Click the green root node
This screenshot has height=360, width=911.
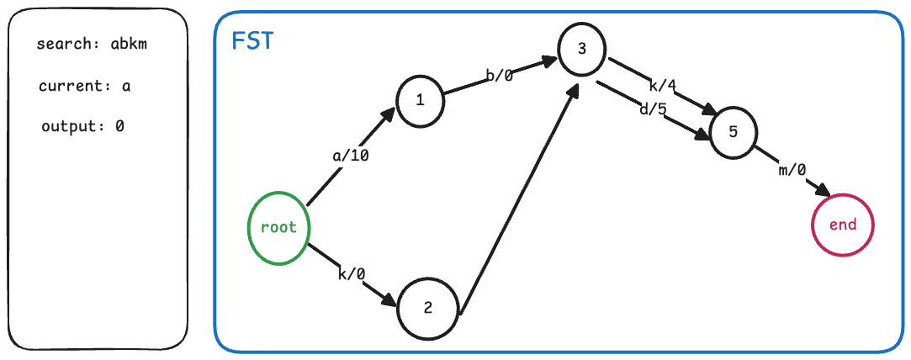(278, 228)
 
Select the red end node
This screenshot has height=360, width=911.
(843, 225)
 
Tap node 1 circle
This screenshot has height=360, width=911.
(420, 100)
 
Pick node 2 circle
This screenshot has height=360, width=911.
(428, 307)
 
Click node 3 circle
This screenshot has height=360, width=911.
(582, 50)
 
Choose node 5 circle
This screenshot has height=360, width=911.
(734, 132)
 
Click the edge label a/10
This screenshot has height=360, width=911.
(349, 156)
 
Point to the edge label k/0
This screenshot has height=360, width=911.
(351, 274)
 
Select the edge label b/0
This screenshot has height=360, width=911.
(500, 76)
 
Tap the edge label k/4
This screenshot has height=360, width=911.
(664, 85)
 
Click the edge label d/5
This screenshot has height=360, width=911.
(652, 109)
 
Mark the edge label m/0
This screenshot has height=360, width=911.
(792, 171)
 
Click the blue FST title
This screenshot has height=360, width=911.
(252, 41)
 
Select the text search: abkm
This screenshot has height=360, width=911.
(92, 45)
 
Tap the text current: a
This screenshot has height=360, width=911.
(84, 86)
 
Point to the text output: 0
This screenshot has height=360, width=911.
(82, 127)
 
